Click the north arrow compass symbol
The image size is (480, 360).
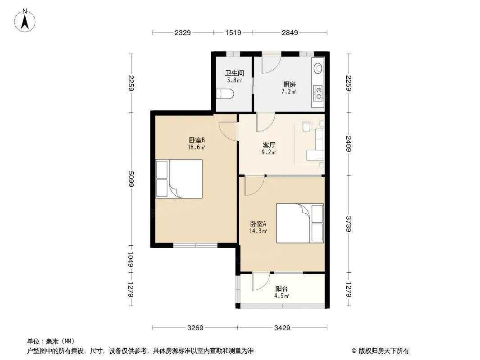25,21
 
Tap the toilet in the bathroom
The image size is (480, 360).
225,94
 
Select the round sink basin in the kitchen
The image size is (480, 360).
318,67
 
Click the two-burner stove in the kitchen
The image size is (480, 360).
318,93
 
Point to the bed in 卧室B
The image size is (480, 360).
179,179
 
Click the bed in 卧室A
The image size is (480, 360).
300,223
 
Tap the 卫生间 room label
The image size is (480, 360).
235,73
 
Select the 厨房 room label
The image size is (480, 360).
289,85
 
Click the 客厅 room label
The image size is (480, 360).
269,145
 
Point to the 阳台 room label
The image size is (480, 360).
281,288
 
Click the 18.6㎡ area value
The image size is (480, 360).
196,148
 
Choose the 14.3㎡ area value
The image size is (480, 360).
258,231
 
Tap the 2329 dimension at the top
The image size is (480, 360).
183,32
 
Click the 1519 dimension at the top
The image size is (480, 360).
233,32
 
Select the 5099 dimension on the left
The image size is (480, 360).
131,179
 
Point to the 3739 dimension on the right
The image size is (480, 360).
349,224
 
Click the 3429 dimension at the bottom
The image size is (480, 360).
282,328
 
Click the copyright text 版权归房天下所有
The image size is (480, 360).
384,351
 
